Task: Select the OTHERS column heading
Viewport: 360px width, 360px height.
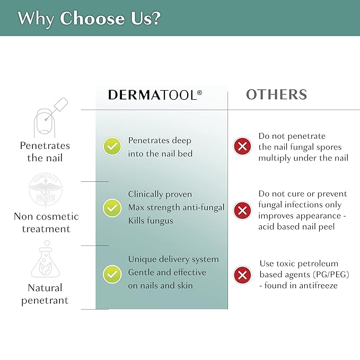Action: coord(276,94)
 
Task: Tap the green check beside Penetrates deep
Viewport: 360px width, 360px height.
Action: coord(112,146)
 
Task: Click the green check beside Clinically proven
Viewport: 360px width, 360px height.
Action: coord(112,208)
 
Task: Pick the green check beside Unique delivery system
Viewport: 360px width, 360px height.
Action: coord(112,274)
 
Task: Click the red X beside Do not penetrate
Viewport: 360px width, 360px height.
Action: coord(242,146)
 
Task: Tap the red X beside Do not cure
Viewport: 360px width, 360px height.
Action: coord(242,210)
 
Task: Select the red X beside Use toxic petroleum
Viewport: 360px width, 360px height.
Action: coord(242,275)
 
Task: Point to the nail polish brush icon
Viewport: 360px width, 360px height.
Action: coord(51,117)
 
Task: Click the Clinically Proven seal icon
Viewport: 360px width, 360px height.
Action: coord(46,190)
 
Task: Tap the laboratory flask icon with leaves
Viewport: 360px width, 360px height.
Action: coord(46,259)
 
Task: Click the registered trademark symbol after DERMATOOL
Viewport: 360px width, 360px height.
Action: coord(199,93)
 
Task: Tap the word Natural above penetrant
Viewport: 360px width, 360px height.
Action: coord(45,288)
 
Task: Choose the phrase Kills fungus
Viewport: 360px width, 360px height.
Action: coord(151,221)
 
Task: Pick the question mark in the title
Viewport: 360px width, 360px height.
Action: coord(156,18)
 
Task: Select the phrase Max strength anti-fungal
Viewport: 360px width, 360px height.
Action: coord(176,207)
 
